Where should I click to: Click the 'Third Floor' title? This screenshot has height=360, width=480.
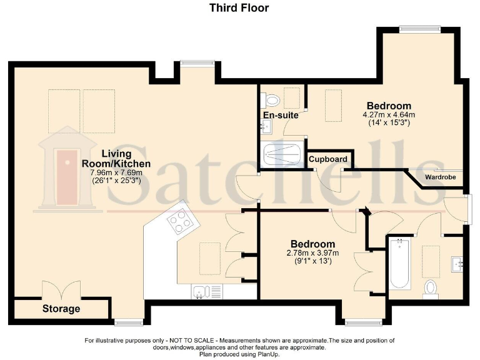(239, 8)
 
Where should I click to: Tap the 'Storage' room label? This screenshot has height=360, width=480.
(61, 309)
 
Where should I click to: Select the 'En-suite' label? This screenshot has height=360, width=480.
(279, 116)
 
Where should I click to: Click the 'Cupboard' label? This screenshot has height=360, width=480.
(328, 159)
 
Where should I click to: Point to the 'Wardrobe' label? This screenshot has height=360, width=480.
(440, 177)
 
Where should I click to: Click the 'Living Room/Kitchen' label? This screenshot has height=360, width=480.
(116, 159)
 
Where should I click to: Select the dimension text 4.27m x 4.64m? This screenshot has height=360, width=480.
(389, 115)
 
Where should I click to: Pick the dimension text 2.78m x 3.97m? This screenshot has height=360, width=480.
(312, 253)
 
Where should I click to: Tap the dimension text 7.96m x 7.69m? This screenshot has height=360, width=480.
(116, 172)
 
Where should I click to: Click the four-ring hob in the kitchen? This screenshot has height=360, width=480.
(180, 221)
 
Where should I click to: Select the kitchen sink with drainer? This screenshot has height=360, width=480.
(206, 291)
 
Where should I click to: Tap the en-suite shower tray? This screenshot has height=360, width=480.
(282, 154)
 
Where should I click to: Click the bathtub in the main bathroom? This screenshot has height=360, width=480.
(399, 264)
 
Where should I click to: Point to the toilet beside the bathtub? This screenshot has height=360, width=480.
(431, 287)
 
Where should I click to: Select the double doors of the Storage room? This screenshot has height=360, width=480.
(61, 291)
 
